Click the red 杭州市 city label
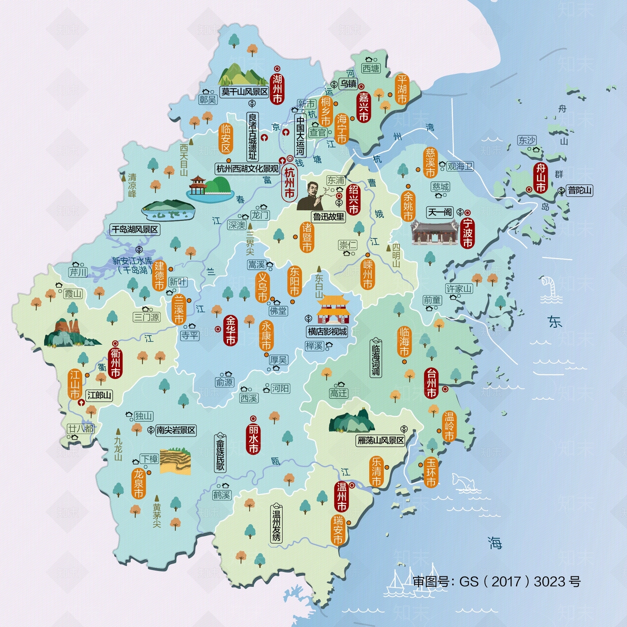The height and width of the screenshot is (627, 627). tap(289, 183)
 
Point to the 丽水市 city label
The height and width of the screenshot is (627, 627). tap(253, 439)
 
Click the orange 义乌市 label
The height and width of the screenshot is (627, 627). tap(262, 287)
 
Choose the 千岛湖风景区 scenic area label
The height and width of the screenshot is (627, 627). tap(135, 229)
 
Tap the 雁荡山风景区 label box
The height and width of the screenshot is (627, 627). tap(381, 440)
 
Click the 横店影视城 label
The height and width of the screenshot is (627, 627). tap(327, 332)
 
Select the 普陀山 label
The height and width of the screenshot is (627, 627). tap(580, 190)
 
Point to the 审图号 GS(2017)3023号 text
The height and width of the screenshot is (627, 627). tap(497, 582)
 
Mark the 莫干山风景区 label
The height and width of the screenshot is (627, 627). tap(245, 92)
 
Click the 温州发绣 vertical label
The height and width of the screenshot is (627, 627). tap(277, 523)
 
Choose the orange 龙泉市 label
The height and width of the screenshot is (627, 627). tap(138, 484)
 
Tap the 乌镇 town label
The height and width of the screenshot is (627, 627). tap(348, 83)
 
